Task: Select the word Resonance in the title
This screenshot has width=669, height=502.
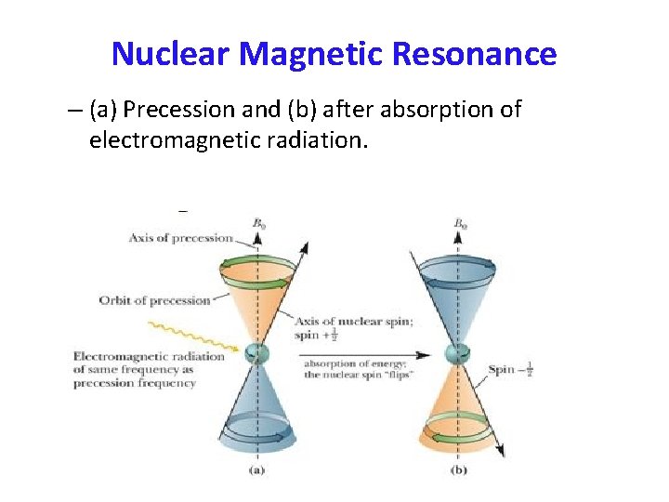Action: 474,54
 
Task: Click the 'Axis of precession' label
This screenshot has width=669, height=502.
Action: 180,238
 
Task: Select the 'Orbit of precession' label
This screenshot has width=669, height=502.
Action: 155,300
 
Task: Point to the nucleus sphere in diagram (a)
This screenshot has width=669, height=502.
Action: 256,353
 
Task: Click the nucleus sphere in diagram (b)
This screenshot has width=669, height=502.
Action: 456,353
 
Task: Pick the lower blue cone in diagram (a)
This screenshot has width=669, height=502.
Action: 256,409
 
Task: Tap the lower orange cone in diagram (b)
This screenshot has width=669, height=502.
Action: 456,409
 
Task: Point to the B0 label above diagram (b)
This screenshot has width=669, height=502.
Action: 460,223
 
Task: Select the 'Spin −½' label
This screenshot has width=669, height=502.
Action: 512,370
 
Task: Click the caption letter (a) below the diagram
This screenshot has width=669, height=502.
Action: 256,469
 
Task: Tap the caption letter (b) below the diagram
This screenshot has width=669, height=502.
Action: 457,469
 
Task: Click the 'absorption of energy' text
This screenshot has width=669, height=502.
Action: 347,363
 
